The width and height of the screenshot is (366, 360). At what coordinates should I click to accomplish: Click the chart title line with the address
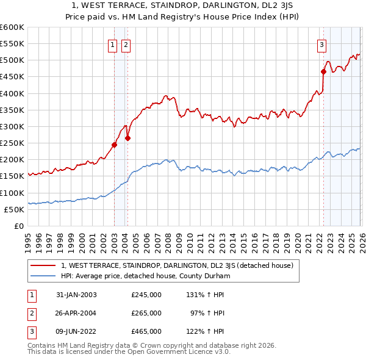pos(182,5)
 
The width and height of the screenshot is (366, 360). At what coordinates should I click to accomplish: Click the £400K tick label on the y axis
pos(12,93)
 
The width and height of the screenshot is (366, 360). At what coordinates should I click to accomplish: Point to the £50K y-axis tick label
pos(14,209)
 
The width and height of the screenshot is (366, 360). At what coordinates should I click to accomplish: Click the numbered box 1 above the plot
pos(113,44)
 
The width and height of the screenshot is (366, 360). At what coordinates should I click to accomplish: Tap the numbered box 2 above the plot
pos(126,44)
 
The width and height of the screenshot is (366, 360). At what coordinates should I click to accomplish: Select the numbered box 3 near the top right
pos(321,44)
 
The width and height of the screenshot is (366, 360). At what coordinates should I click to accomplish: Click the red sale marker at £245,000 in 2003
pos(114,145)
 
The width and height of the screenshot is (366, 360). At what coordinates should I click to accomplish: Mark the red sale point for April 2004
pos(128,138)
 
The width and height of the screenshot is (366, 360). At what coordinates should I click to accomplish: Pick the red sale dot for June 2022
pos(323,72)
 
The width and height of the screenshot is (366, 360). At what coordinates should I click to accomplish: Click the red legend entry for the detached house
pos(178,265)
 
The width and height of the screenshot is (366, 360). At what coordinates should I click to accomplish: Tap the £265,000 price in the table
pos(146,313)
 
